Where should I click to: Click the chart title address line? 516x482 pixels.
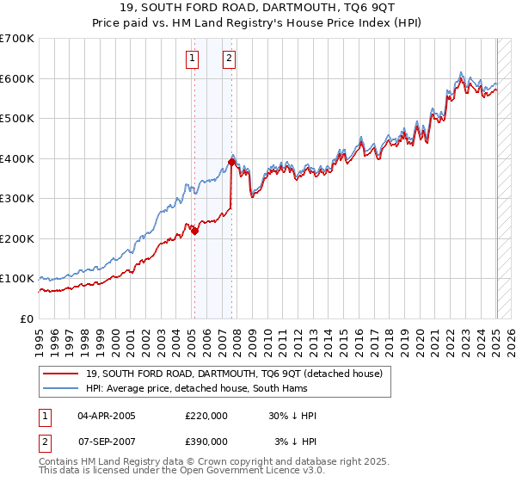pos(257,8)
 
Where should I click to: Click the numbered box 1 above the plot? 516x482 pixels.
pos(191,59)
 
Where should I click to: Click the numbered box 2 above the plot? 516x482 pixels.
pos(230,59)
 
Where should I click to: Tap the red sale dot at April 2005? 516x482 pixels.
pos(194,231)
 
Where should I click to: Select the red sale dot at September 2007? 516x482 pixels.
pos(231,162)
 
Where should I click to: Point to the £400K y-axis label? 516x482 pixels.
pos(17,158)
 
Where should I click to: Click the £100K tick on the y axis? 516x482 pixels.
pos(17,279)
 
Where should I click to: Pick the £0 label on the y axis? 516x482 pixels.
pos(27,318)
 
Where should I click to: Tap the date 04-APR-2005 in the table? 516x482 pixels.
pos(107,416)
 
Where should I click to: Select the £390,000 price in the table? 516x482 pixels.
pos(206,442)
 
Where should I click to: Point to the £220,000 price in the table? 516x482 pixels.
pos(206,416)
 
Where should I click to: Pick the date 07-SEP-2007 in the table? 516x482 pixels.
pos(107,442)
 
